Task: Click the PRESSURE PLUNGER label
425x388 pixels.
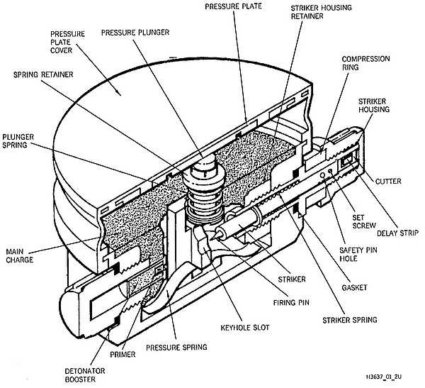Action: pyautogui.click(x=135, y=33)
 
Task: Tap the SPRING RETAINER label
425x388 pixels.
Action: pyautogui.click(x=43, y=74)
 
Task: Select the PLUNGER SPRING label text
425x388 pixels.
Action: pyautogui.click(x=18, y=141)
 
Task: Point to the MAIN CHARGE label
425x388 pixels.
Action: pyautogui.click(x=19, y=256)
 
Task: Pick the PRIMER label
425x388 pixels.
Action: pyautogui.click(x=123, y=355)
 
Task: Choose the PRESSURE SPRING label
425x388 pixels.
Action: pyautogui.click(x=176, y=348)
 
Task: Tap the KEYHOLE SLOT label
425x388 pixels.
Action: pyautogui.click(x=245, y=328)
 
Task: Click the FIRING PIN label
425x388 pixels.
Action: pyautogui.click(x=291, y=302)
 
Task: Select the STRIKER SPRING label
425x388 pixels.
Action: pyautogui.click(x=350, y=320)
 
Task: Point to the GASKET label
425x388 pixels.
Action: pyautogui.click(x=354, y=287)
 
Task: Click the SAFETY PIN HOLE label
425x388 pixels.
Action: pyautogui.click(x=358, y=254)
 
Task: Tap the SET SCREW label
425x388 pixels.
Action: pyautogui.click(x=364, y=221)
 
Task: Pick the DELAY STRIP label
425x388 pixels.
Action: pyautogui.click(x=398, y=233)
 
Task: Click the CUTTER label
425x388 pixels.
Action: pyautogui.click(x=388, y=181)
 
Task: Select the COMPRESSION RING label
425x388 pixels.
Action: pyautogui.click(x=365, y=63)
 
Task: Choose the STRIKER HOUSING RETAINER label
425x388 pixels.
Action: pyautogui.click(x=321, y=11)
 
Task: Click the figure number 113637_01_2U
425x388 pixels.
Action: pyautogui.click(x=383, y=377)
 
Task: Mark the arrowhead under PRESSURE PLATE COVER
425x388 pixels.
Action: pyautogui.click(x=118, y=92)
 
